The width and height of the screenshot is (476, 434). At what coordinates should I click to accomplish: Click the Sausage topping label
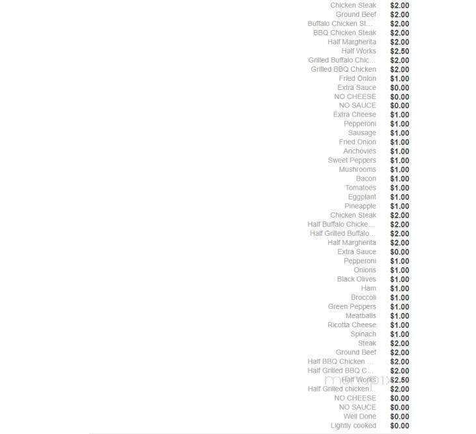pyautogui.click(x=361, y=133)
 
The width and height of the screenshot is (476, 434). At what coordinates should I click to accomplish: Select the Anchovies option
pyautogui.click(x=359, y=151)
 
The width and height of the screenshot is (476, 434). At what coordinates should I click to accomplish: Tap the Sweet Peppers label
pyautogui.click(x=352, y=160)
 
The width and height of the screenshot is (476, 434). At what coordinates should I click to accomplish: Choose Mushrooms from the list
pyautogui.click(x=357, y=169)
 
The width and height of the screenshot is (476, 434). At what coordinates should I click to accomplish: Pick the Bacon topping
pyautogui.click(x=366, y=179)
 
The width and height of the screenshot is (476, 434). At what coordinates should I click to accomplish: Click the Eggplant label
pyautogui.click(x=361, y=197)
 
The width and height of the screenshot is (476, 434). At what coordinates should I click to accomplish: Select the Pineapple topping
pyautogui.click(x=360, y=206)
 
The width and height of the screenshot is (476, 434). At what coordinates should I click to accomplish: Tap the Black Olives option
pyautogui.click(x=356, y=279)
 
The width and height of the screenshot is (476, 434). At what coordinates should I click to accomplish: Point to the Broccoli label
pyautogui.click(x=363, y=297)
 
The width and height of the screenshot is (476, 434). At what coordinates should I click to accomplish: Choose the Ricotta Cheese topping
pyautogui.click(x=352, y=325)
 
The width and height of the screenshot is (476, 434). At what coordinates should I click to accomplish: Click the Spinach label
pyautogui.click(x=363, y=334)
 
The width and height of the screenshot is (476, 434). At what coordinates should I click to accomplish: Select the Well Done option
pyautogui.click(x=359, y=416)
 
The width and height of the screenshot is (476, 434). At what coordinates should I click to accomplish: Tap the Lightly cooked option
pyautogui.click(x=353, y=426)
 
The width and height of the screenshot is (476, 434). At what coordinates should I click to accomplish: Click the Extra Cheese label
pyautogui.click(x=354, y=115)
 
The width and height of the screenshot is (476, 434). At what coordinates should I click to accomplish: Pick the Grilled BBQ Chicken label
pyautogui.click(x=343, y=69)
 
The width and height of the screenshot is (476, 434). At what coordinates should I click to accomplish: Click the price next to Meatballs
pyautogui.click(x=399, y=315)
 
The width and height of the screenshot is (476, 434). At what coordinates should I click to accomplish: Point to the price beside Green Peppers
pyautogui.click(x=399, y=306)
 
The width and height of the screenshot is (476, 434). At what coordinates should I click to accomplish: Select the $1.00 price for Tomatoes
pyautogui.click(x=399, y=188)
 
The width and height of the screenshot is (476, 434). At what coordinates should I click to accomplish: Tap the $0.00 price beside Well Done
pyautogui.click(x=399, y=416)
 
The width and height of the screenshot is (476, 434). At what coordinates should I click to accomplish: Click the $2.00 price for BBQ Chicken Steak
pyautogui.click(x=399, y=33)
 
